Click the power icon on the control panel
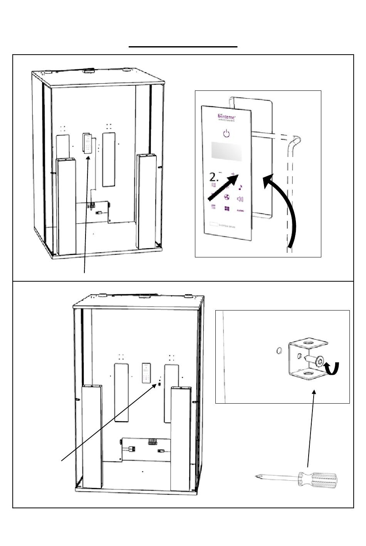(x=227, y=134)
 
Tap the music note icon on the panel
(x=240, y=187)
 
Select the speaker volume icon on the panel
(x=240, y=199)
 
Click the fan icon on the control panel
(x=227, y=197)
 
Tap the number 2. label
(x=215, y=177)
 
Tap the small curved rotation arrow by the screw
(x=332, y=368)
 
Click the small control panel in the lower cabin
(x=146, y=373)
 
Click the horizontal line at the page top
(x=183, y=47)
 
